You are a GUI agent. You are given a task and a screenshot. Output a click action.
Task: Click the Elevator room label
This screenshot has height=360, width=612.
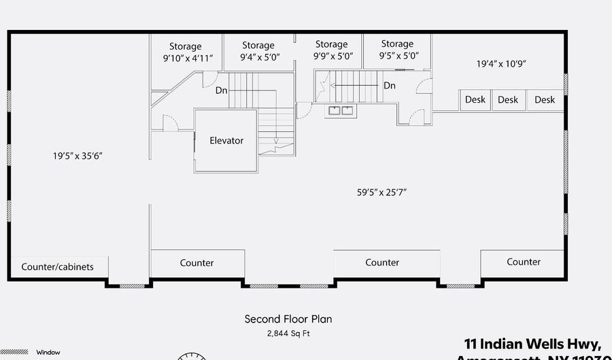click(226, 141)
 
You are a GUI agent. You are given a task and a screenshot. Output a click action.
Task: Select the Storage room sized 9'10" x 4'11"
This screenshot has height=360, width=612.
click(186, 52)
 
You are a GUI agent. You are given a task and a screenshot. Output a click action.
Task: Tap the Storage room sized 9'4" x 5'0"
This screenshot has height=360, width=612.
click(258, 52)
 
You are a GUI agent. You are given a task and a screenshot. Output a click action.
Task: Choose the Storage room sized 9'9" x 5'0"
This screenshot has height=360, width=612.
click(332, 51)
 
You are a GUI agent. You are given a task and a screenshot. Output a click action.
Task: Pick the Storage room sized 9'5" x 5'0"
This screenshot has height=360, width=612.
click(397, 50)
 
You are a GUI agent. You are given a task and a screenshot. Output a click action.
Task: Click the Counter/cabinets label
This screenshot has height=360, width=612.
click(57, 267)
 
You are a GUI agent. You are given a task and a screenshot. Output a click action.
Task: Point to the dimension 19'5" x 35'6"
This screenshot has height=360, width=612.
click(78, 156)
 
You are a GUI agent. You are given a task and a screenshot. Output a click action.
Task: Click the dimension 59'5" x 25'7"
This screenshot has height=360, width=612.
click(386, 193)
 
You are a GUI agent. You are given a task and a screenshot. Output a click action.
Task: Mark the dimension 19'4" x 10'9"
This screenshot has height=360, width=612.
click(501, 64)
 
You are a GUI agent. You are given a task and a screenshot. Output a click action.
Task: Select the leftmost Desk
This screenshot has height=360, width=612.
click(475, 100)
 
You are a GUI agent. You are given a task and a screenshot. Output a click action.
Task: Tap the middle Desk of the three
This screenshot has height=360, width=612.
click(508, 100)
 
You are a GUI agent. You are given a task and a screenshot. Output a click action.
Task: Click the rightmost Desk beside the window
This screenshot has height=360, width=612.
click(545, 100)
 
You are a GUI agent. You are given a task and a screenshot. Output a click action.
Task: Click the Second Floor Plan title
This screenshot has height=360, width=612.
click(288, 318)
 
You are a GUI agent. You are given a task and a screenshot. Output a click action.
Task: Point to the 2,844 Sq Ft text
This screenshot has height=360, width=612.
click(288, 333)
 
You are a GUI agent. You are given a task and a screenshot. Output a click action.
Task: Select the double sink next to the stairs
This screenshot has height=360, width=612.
click(341, 111)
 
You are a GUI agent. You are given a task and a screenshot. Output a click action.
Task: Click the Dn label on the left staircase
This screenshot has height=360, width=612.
click(222, 90)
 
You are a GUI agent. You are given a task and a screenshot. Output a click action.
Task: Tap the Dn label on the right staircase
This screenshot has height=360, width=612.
click(390, 86)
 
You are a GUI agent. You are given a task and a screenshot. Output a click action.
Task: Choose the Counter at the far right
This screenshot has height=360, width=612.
click(524, 262)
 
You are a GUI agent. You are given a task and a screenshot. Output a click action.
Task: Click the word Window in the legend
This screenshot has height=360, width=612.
click(48, 353)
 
